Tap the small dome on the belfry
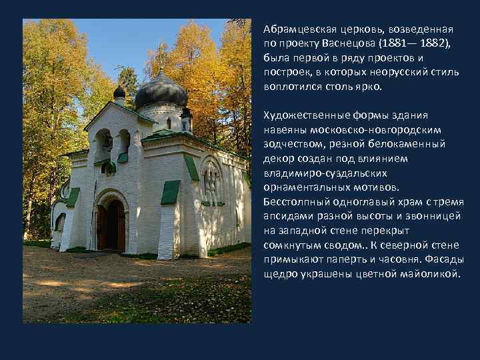119,93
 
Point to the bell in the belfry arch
107,141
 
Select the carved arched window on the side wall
211,179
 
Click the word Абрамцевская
294,30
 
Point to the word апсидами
287,217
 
